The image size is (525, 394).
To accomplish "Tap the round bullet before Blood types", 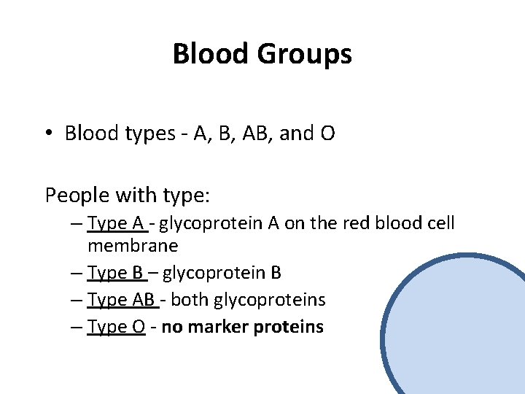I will pos(49,134).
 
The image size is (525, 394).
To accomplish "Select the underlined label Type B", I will pos(116,273).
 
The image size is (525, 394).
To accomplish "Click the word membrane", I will pos(132,246).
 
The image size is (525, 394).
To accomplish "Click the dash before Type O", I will pos(77,327).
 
